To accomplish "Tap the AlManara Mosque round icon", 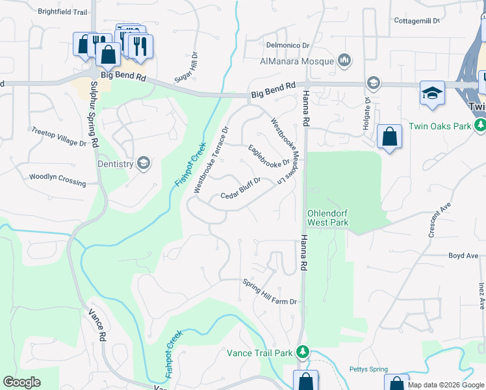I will coord(344,61).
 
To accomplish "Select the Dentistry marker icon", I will coord(144,164).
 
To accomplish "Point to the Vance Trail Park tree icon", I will coord(302,352).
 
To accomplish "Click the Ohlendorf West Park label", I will coord(327,218).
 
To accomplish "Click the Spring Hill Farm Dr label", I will coord(270,292).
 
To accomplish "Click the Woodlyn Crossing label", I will coord(57,180).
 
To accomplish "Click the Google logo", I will coord(21,382).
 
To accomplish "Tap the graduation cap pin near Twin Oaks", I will coord(431,93).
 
